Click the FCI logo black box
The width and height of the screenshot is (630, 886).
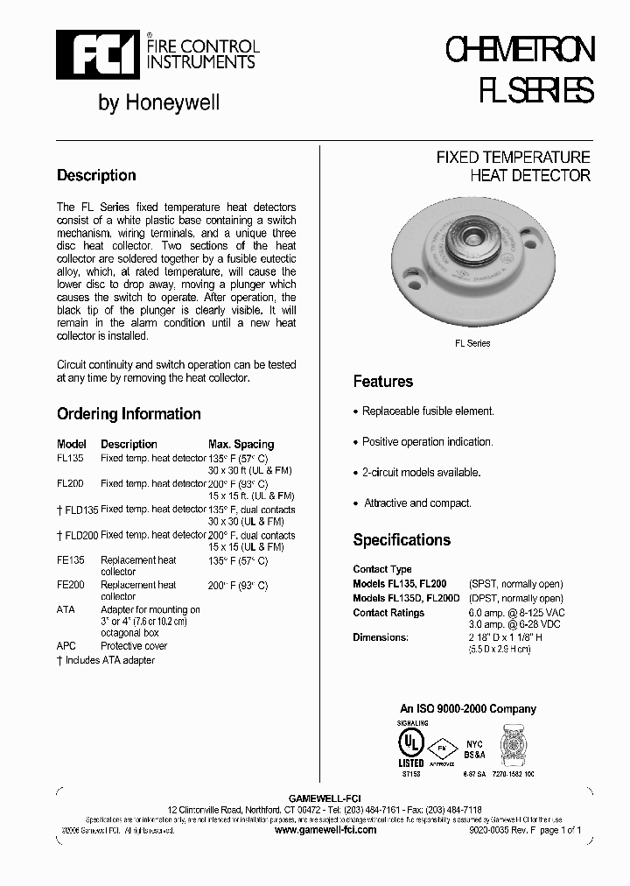[86, 54]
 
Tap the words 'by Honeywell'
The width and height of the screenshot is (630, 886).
[158, 103]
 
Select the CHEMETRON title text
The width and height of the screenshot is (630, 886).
[520, 52]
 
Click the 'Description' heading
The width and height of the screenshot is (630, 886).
[96, 175]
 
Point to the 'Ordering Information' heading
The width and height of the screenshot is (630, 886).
[129, 414]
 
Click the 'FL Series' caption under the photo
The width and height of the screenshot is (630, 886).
[472, 343]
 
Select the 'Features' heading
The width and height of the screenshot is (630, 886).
[382, 382]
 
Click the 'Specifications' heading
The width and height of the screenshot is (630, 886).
[402, 540]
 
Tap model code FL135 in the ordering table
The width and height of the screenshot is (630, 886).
[70, 458]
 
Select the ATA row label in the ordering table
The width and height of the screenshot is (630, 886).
[66, 609]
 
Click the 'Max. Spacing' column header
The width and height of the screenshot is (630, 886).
[241, 444]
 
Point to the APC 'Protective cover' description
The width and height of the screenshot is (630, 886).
[134, 646]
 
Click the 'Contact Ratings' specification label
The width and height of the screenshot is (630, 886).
[388, 613]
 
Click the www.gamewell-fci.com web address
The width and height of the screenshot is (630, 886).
[325, 829]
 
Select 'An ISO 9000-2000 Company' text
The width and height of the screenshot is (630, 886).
[467, 709]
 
